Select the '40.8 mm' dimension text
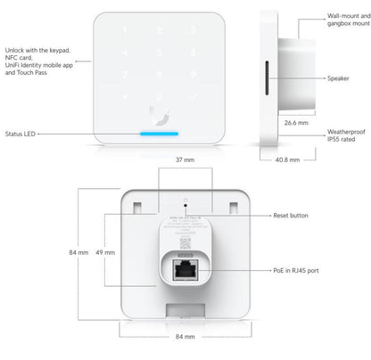[x=285, y=161]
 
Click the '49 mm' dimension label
[x=103, y=253]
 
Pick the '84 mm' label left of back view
[x=78, y=253]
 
